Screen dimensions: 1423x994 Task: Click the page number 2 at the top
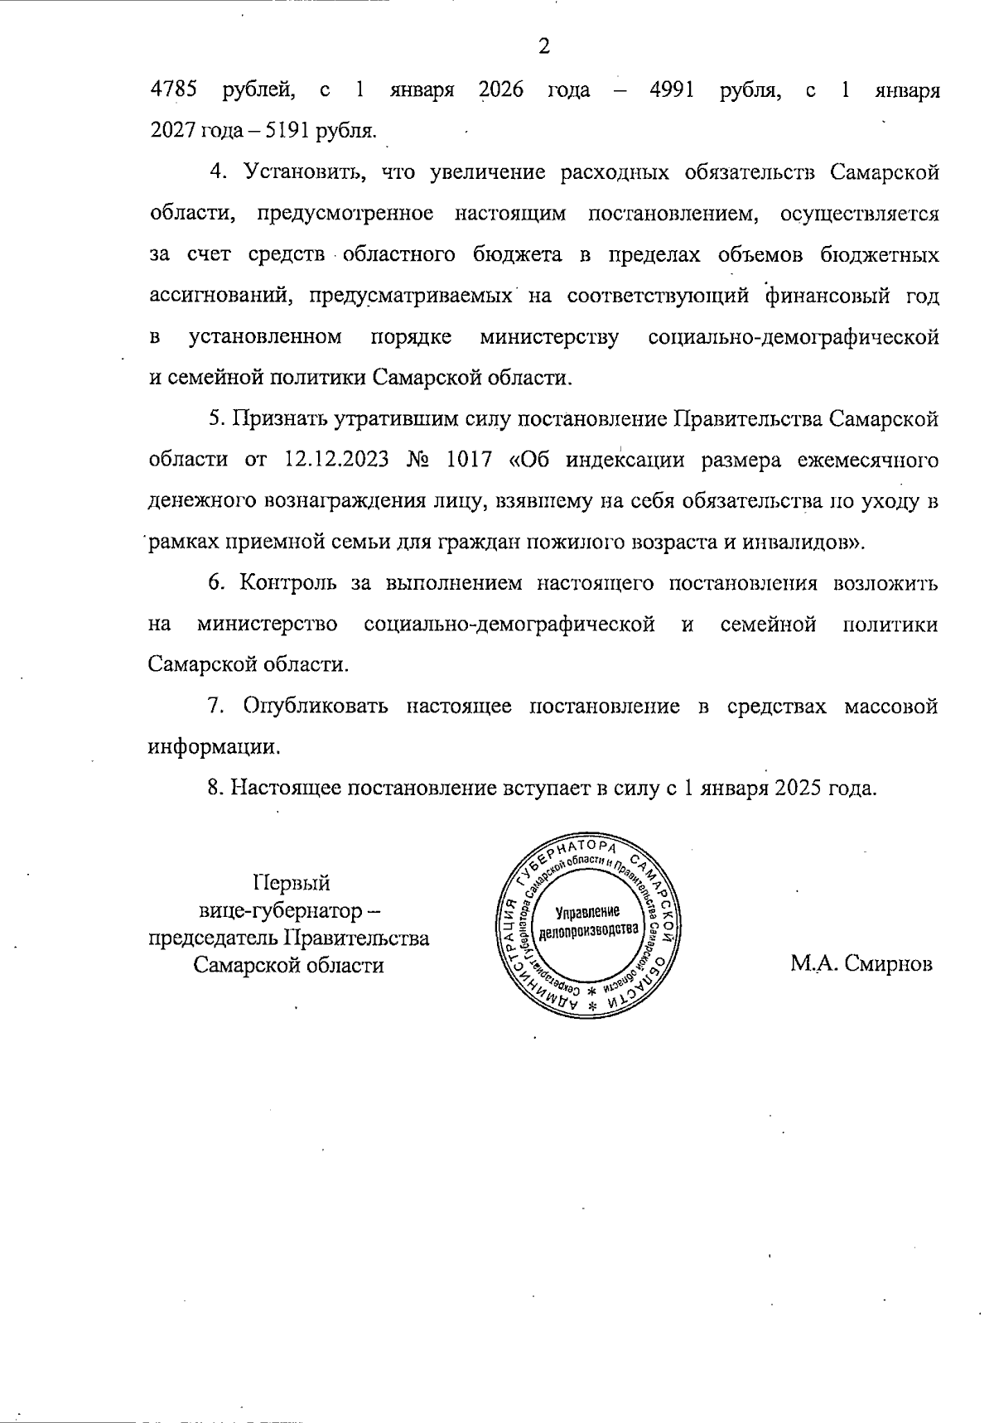coord(544,47)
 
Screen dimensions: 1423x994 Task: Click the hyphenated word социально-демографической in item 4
coord(794,337)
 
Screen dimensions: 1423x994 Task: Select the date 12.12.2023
coord(335,460)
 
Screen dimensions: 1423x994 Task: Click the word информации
coord(210,747)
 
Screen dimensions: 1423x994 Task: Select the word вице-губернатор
coord(282,910)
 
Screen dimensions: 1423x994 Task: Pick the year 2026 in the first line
coord(501,90)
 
